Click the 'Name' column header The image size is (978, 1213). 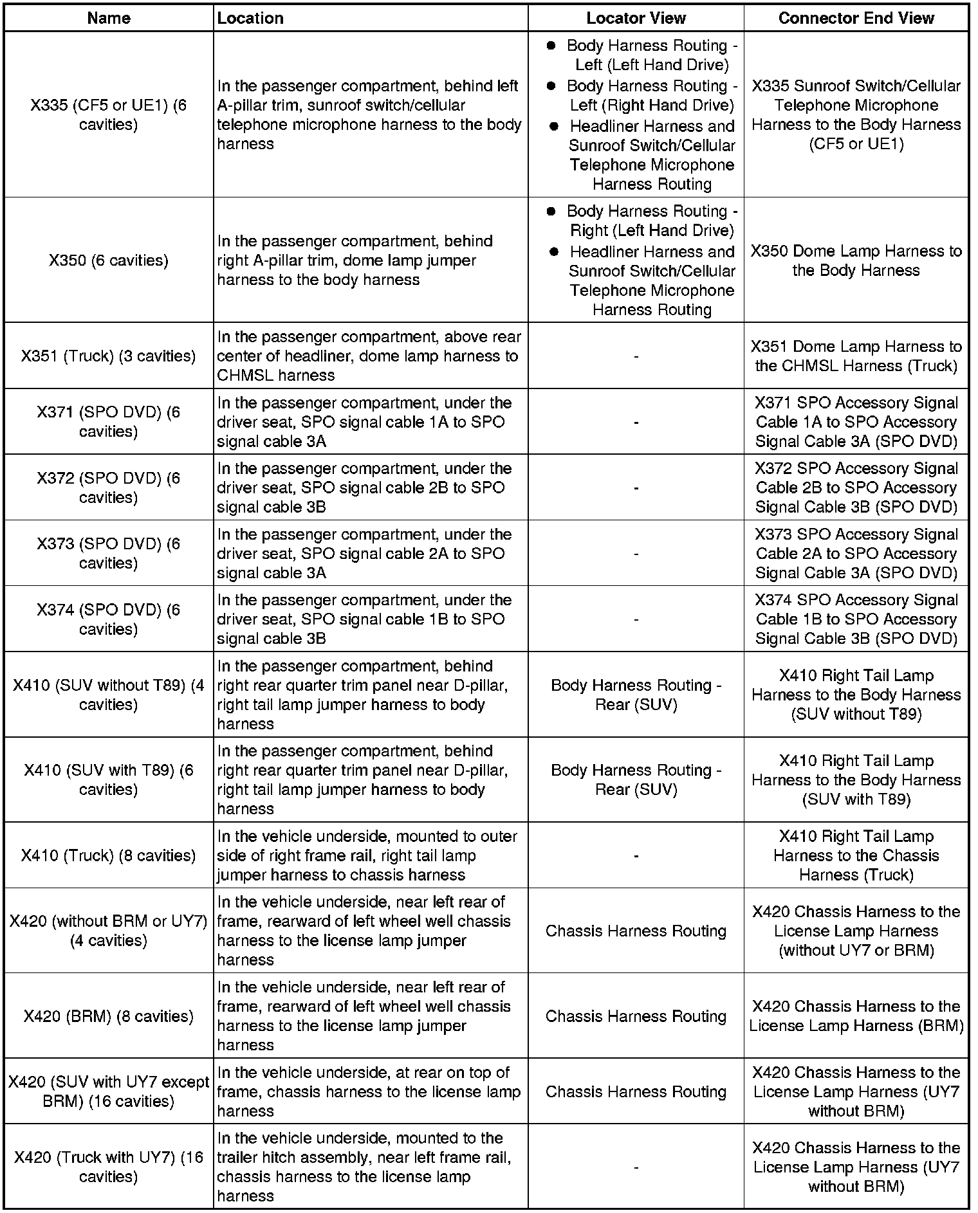108,18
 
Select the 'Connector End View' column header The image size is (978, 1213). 856,18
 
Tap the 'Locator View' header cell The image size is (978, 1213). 636,18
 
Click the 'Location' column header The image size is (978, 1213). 250,18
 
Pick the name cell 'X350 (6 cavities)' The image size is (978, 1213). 108,260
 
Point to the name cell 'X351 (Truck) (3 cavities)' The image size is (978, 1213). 108,356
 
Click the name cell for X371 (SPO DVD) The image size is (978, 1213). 108,421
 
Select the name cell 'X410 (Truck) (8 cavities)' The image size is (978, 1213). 108,855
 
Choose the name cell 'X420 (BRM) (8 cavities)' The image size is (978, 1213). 108,1016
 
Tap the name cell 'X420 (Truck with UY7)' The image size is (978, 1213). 108,1167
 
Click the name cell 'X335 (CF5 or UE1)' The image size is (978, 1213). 108,114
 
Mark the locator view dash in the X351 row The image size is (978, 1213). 636,356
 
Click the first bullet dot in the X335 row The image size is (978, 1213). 551,46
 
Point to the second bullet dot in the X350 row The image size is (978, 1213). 553,252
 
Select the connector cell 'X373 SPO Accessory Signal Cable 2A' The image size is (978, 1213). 856,553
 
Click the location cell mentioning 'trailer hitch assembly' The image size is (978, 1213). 369,1167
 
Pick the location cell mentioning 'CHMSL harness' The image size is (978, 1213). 369,356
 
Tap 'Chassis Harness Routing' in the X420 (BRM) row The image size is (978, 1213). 636,1016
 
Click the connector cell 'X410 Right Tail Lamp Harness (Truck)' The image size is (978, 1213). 856,855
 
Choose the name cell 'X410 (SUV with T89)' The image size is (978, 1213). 108,780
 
